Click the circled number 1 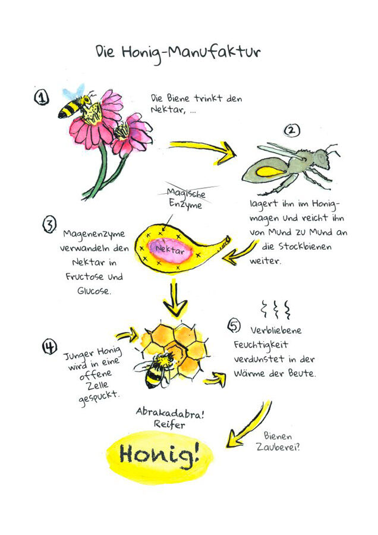[x=42, y=97]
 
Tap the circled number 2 [x=292, y=130]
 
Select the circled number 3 [x=49, y=225]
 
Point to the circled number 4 [x=49, y=347]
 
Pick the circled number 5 [x=234, y=326]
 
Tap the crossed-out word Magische [x=186, y=193]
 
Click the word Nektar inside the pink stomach [x=169, y=250]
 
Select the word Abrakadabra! [x=170, y=413]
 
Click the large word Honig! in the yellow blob [x=159, y=455]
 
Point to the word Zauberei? [x=278, y=446]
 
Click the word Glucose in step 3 [x=94, y=291]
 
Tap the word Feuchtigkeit [x=261, y=345]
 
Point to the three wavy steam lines [x=276, y=309]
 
